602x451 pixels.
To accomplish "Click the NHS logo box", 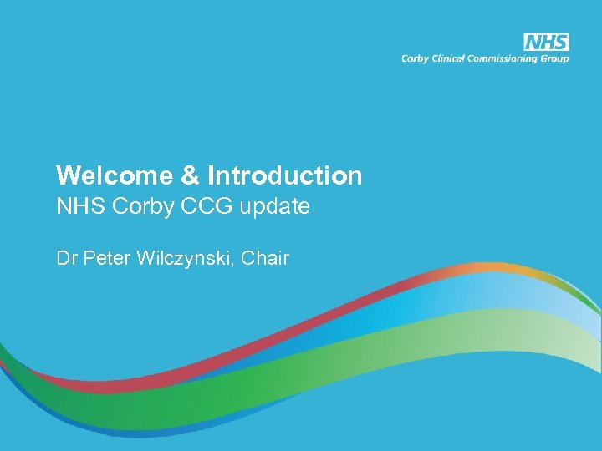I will pos(546,43).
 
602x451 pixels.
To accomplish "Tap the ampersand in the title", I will pos(188,175).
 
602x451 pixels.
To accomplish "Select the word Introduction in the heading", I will pos(284,175).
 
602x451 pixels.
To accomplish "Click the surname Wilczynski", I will pos(182,259).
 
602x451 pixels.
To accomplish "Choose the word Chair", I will pos(265,259).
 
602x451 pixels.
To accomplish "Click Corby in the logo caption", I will pos(416,59).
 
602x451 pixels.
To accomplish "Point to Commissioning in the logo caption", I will pos(509,59).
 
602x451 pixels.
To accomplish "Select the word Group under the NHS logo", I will pos(555,59).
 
